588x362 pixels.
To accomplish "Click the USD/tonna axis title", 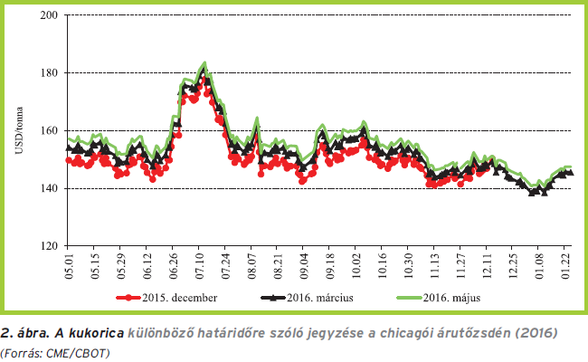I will click(18, 130).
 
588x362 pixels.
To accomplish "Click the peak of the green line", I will click(205, 63).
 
